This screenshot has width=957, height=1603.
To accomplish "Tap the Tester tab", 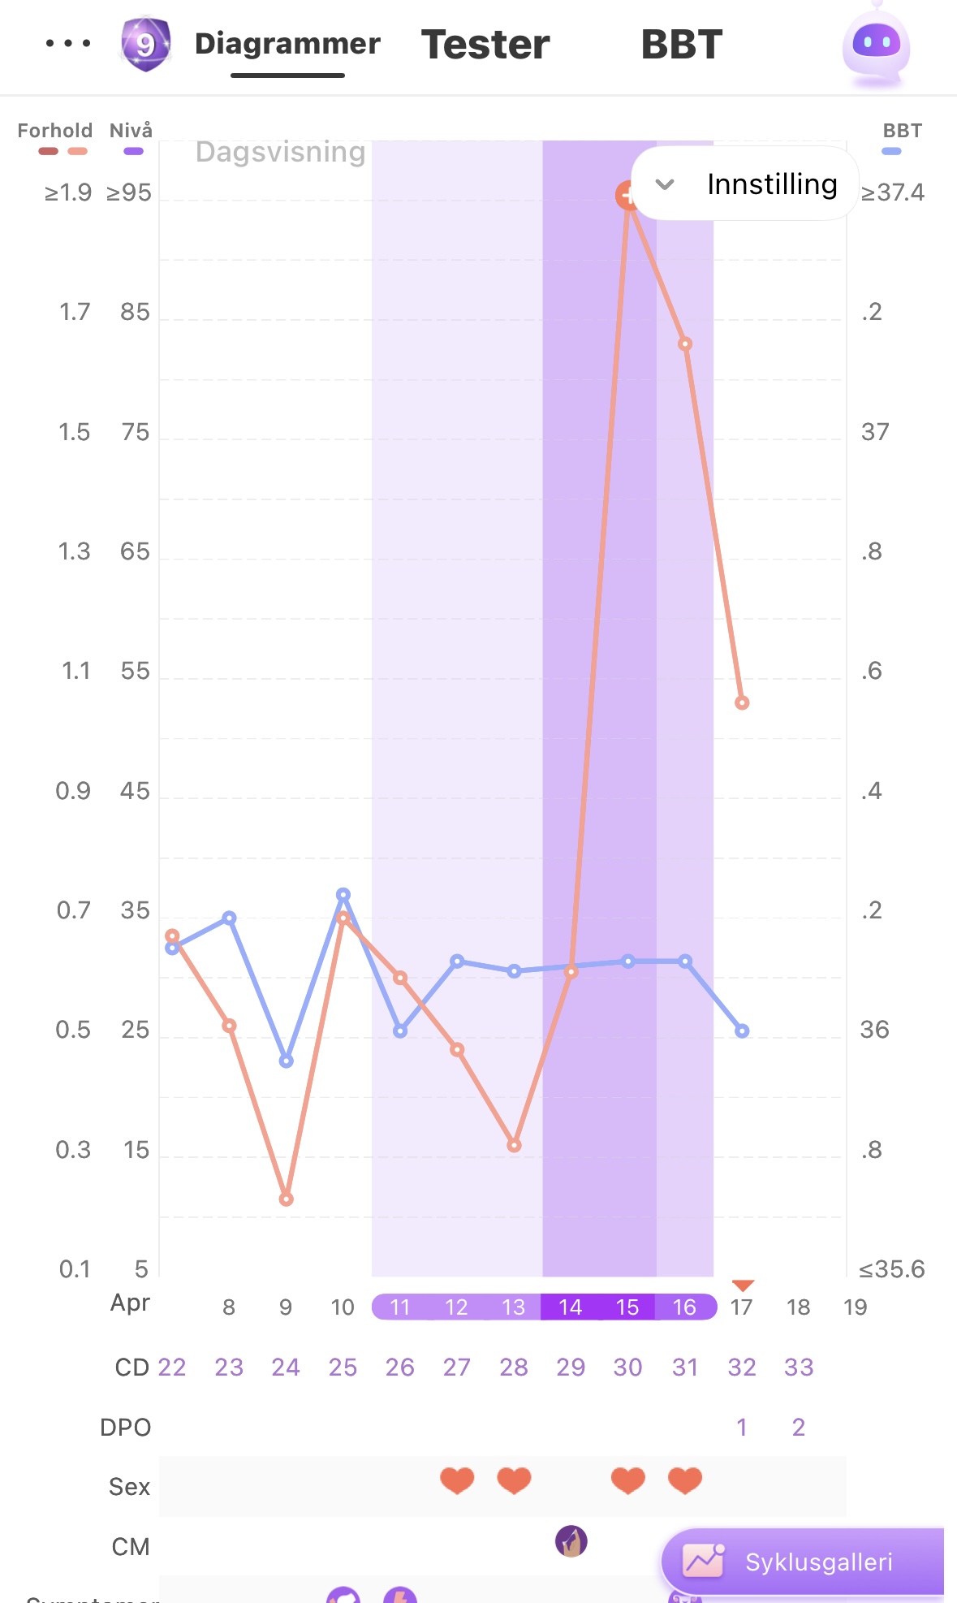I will click(485, 45).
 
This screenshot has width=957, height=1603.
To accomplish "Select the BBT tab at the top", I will click(681, 45).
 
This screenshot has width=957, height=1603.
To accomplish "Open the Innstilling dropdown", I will click(744, 184).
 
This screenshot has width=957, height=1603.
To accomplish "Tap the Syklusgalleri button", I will click(803, 1561).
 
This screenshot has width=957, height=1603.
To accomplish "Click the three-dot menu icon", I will click(68, 43).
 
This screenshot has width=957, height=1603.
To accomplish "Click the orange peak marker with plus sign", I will click(627, 195).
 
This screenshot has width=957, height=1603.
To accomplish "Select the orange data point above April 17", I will click(742, 702).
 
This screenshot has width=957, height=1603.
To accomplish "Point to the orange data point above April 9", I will click(286, 1199).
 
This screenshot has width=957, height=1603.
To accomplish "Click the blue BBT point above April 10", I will click(343, 894).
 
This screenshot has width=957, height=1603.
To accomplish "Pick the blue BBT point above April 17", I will click(742, 1030).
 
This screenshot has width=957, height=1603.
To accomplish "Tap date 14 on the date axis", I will click(570, 1307).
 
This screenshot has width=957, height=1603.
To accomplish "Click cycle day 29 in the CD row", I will click(571, 1367).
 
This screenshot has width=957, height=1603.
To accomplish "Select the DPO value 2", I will click(799, 1427).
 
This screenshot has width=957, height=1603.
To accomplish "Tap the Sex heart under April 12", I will click(457, 1480).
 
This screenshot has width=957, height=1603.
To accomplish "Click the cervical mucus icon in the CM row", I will click(571, 1540).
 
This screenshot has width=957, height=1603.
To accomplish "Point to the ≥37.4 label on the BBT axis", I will click(892, 192).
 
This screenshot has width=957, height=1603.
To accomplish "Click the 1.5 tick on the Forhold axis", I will click(74, 432).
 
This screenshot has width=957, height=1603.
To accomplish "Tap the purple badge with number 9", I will click(145, 44).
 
